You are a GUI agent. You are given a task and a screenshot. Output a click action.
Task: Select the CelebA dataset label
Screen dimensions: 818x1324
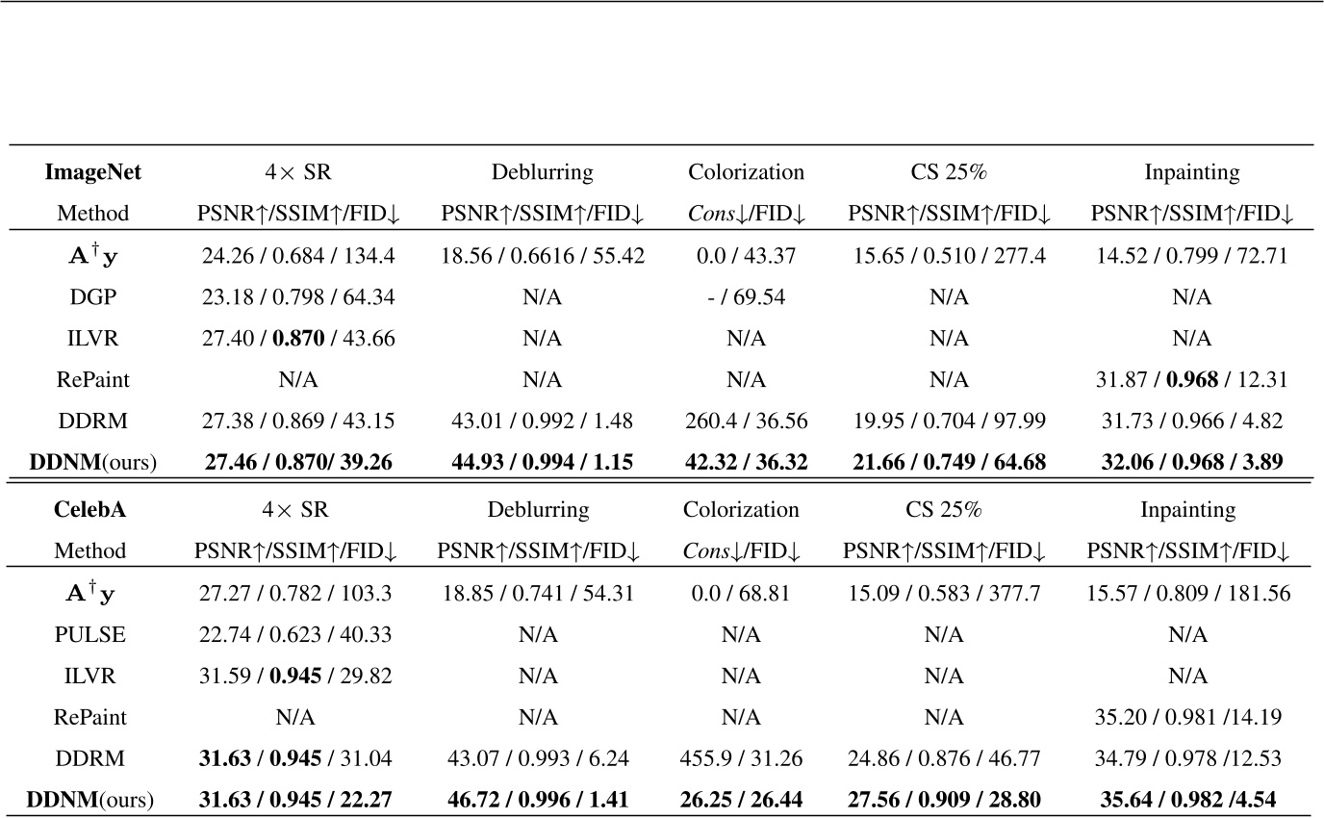(x=89, y=509)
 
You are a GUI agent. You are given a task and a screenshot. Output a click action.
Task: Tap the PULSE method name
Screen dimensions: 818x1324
(x=89, y=634)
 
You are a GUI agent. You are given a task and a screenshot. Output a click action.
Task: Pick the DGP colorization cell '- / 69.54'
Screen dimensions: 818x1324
(x=746, y=297)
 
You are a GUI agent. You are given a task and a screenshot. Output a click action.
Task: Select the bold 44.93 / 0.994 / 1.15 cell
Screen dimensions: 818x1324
(x=542, y=463)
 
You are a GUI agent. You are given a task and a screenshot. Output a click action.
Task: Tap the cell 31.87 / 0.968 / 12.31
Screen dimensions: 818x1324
(x=1192, y=380)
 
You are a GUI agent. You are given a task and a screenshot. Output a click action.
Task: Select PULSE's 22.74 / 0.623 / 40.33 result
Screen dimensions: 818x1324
(x=293, y=634)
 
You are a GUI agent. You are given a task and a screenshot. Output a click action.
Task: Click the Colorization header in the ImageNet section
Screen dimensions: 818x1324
(x=746, y=173)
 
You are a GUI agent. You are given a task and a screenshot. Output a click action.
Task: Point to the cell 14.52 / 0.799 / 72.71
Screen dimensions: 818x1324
(x=1192, y=257)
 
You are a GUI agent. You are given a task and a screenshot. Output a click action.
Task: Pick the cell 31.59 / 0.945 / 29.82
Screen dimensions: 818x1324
(x=293, y=676)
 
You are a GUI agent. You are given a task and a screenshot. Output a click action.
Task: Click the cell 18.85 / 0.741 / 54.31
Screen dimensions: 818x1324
(x=538, y=593)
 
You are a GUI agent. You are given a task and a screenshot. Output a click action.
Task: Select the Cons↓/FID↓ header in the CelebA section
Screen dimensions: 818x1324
(x=742, y=551)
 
